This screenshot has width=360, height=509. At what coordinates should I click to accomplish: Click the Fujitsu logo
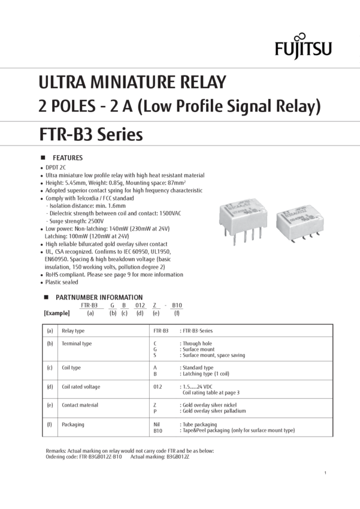tap(303, 47)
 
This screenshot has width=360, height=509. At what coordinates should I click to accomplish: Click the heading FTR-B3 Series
tap(91, 134)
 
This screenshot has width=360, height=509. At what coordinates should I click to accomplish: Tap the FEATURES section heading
tap(68, 157)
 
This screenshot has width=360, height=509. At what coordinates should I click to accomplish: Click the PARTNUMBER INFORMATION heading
tap(99, 298)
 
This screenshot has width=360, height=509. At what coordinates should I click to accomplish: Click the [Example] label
tap(57, 313)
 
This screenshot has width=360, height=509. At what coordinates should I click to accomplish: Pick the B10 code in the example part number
tap(177, 305)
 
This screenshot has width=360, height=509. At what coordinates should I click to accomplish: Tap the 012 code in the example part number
tap(140, 305)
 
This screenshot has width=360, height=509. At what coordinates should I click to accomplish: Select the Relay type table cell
tap(73, 331)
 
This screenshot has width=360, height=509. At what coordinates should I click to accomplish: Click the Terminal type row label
tap(77, 344)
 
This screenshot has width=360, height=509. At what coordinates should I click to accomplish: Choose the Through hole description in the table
tap(197, 344)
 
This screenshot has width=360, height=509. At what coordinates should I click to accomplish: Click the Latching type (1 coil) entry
tap(206, 374)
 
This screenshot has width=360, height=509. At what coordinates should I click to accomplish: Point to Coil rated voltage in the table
tap(81, 387)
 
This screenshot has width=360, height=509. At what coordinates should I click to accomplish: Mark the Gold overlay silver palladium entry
tap(214, 411)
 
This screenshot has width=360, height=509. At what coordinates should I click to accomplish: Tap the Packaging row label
tap(72, 425)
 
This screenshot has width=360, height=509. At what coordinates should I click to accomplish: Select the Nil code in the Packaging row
tap(156, 425)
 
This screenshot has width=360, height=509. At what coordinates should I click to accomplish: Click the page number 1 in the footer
tap(325, 473)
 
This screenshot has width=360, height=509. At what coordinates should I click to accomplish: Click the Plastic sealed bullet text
tap(62, 282)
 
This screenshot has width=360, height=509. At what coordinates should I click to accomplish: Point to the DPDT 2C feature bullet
tap(56, 168)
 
